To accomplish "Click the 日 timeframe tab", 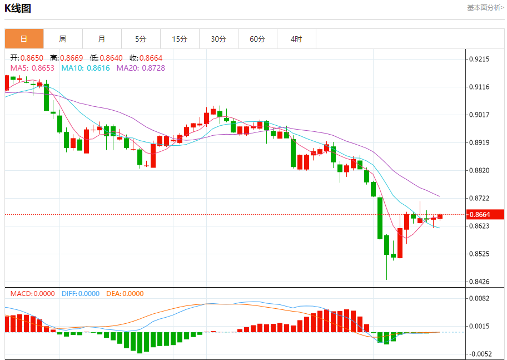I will (x=24, y=39).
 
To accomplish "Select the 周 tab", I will (x=63, y=39).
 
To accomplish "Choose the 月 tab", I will (x=102, y=39).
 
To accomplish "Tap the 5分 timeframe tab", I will (x=141, y=39).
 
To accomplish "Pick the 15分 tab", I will (x=180, y=39).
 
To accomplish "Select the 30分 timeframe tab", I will (x=218, y=39).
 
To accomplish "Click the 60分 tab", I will (x=257, y=39).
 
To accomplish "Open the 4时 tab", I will (x=296, y=39).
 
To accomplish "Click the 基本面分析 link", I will (x=485, y=8).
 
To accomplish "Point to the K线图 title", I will (x=18, y=8).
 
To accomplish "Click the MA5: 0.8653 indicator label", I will (x=32, y=68).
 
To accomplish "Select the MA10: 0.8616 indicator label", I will (x=86, y=68).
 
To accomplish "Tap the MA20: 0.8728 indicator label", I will (x=141, y=68).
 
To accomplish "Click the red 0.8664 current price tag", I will (x=485, y=215).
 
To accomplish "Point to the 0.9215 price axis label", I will (x=479, y=59).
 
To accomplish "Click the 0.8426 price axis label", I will (x=479, y=282).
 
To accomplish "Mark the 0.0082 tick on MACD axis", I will (x=479, y=299).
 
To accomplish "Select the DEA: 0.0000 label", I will (x=125, y=294).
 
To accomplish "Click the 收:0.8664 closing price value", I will (x=146, y=58).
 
